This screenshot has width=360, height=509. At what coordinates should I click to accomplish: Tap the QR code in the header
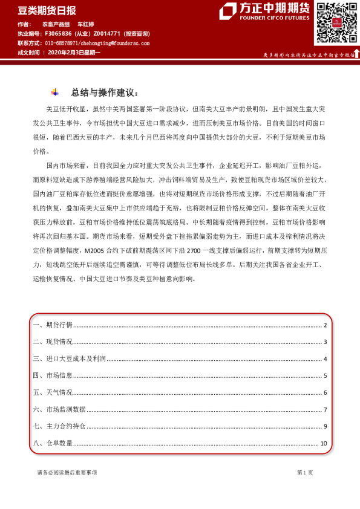(x=335, y=22)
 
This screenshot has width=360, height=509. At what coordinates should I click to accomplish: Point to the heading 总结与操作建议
(x=105, y=93)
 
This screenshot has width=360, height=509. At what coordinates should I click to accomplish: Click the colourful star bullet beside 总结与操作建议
(x=55, y=92)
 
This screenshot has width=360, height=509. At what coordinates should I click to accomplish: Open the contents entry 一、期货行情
(x=52, y=325)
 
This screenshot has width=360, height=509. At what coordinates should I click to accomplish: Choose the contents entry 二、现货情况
(x=52, y=342)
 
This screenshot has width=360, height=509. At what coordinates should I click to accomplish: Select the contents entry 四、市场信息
(x=52, y=375)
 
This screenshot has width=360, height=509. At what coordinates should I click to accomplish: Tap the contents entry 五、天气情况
(x=52, y=392)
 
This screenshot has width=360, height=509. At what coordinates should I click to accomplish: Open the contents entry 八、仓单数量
(x=52, y=443)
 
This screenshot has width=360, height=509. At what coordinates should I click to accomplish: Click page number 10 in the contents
(x=324, y=443)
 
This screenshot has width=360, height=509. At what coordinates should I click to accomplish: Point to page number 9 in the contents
(x=326, y=426)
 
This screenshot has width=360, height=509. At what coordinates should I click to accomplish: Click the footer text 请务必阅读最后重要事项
(x=67, y=472)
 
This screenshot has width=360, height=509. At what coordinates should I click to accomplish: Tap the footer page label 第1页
(x=304, y=472)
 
